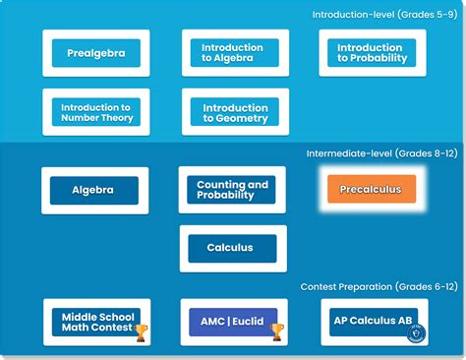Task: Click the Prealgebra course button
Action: [x=96, y=53]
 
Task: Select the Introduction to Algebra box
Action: [x=234, y=53]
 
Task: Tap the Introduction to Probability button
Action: [x=372, y=53]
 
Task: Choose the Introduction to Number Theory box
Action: [x=96, y=112]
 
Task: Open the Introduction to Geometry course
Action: [x=235, y=112]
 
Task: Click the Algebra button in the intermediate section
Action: [x=94, y=190]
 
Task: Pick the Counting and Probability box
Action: [x=233, y=190]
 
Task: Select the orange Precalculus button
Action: [x=371, y=189]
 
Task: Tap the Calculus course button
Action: [x=233, y=249]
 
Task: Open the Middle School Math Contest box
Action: [x=94, y=322]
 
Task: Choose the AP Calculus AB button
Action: [x=372, y=322]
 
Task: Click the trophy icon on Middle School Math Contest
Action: [x=141, y=332]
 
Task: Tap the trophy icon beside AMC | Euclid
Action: [x=276, y=332]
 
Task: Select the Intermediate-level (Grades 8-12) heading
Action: [x=381, y=153]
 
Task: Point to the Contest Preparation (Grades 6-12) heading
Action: [x=379, y=286]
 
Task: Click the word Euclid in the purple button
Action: [x=250, y=322]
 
